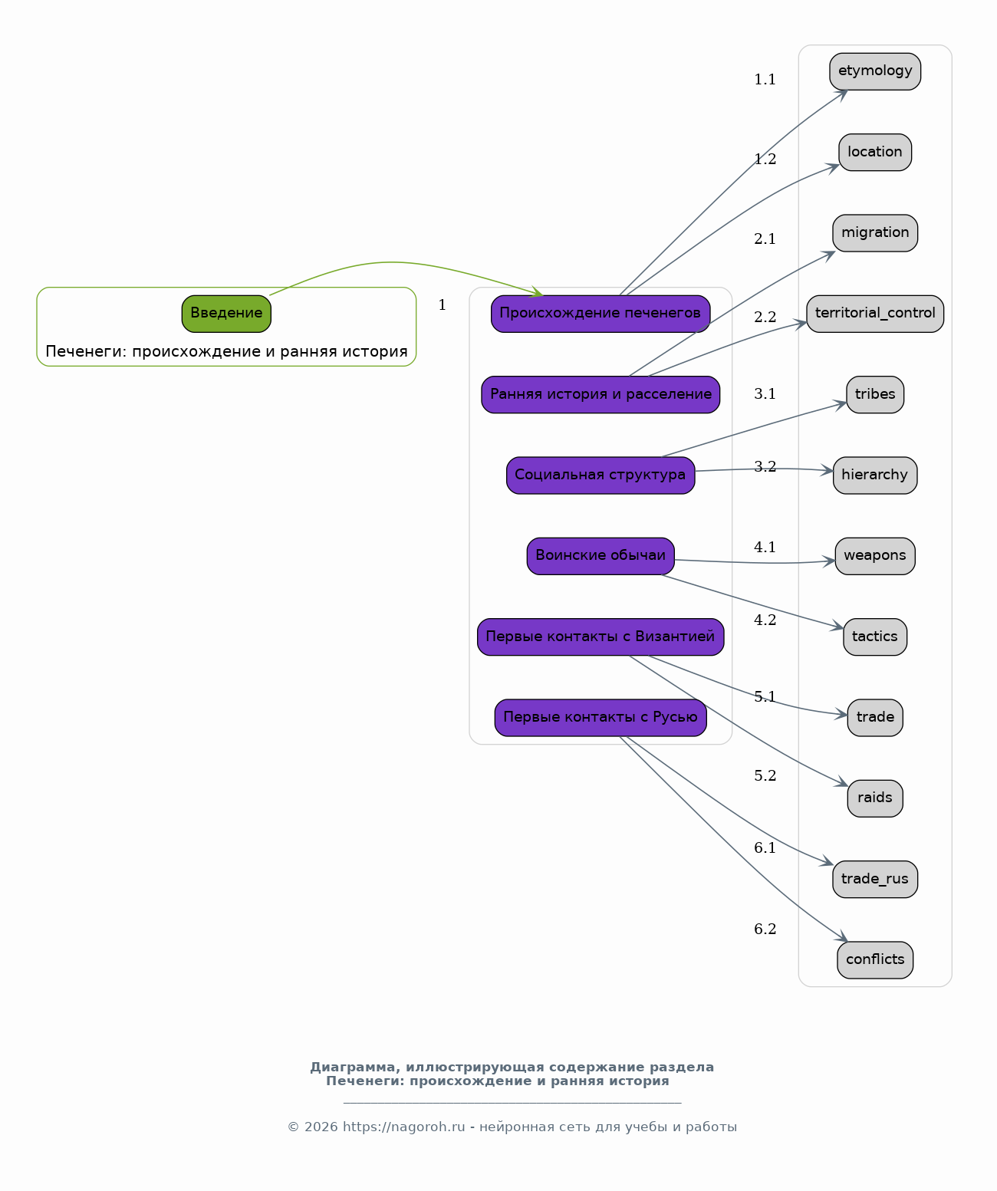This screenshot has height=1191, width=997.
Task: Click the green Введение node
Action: pos(226,314)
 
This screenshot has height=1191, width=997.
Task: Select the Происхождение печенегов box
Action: pos(601,314)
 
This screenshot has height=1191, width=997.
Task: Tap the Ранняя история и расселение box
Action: pos(601,395)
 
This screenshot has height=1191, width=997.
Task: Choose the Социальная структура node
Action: pos(601,475)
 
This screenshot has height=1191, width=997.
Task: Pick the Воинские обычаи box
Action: pos(601,556)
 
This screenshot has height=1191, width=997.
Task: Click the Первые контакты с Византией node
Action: pos(601,637)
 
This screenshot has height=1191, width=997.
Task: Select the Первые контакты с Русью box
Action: pos(601,718)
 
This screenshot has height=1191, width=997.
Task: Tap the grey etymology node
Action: pos(875,71)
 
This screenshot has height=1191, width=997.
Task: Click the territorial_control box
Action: pos(875,314)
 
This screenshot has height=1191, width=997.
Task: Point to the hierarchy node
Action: pos(875,475)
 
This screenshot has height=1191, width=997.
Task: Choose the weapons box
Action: pos(875,556)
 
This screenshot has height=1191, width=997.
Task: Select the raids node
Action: pos(875,798)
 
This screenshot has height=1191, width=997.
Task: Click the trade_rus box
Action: pos(875,880)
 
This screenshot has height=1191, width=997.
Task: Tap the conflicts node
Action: pos(875,960)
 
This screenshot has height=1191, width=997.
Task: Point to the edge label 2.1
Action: pos(765,239)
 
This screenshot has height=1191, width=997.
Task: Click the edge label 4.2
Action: pos(765,620)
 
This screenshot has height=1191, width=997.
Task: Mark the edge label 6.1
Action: pos(765,848)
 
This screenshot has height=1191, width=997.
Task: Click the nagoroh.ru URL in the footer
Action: pos(404,1127)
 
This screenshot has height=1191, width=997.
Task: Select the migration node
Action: pos(875,232)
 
